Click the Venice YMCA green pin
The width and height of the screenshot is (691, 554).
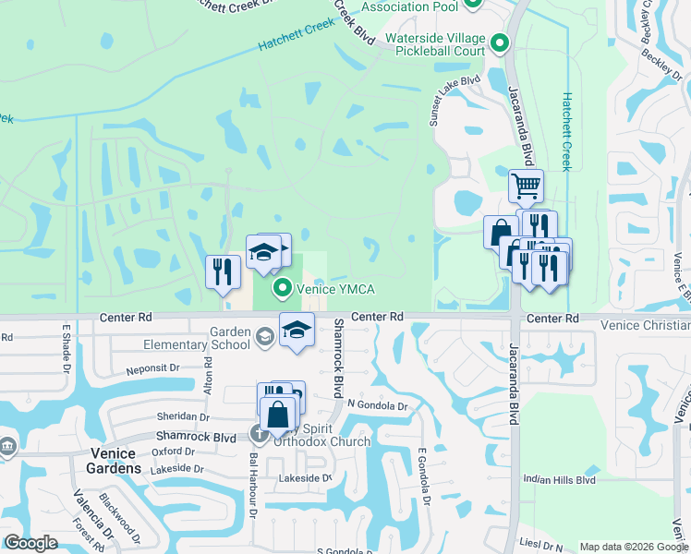pyautogui.click(x=284, y=289)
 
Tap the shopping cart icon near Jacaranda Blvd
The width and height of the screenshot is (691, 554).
pyautogui.click(x=526, y=187)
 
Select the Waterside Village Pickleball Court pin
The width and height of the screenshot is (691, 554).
pyautogui.click(x=500, y=43)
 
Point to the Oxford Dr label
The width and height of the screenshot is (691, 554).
pyautogui.click(x=172, y=452)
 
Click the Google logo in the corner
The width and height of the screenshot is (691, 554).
pyautogui.click(x=30, y=543)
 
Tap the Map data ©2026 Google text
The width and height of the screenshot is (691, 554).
pyautogui.click(x=634, y=547)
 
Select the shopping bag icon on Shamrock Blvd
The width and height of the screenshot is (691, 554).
pyautogui.click(x=278, y=414)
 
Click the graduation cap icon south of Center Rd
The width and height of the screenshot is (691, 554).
pyautogui.click(x=297, y=330)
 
